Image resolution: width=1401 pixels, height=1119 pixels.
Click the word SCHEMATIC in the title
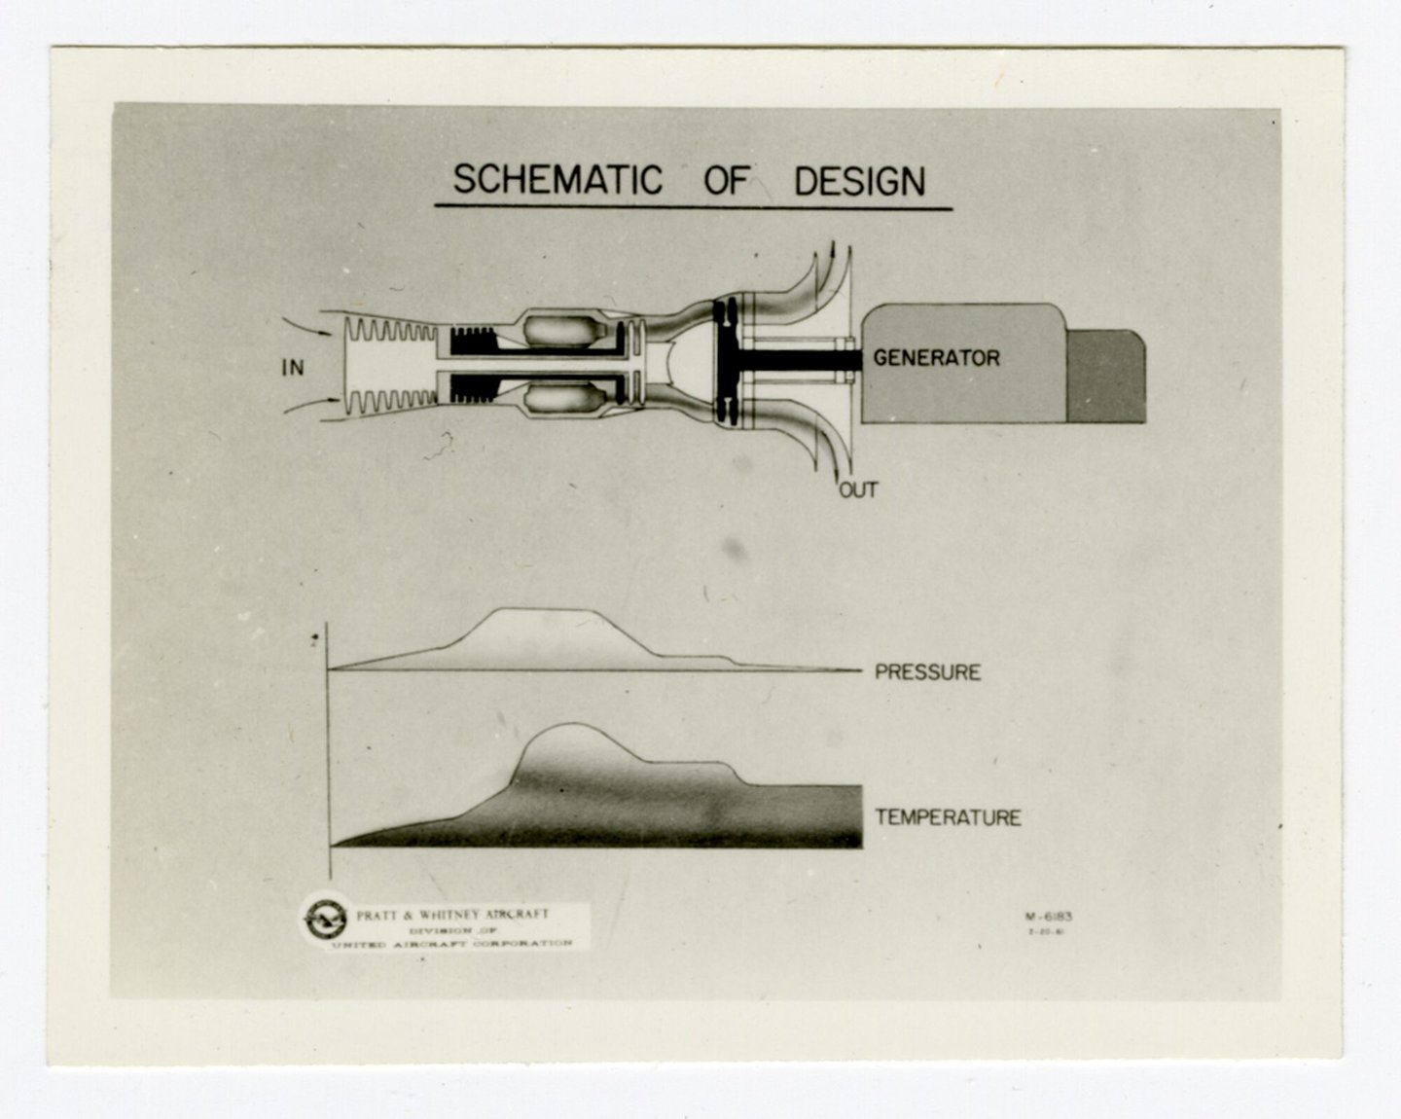[557, 181]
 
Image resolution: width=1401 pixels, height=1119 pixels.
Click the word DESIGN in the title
[859, 182]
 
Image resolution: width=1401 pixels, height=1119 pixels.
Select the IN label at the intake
[292, 368]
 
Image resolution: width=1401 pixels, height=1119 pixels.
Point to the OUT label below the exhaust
[858, 489]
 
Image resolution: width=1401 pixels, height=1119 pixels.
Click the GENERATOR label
[936, 358]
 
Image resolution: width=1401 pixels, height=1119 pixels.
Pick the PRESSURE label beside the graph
[927, 672]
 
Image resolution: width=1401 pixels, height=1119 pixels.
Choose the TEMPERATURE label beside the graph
[948, 817]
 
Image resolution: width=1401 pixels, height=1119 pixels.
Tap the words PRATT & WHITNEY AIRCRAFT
[451, 915]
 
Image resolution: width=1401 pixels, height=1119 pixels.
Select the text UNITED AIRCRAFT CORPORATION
[451, 944]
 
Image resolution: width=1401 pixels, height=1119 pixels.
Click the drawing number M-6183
[1048, 916]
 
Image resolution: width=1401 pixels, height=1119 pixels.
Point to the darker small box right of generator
[1106, 377]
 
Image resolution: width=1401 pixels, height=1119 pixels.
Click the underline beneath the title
[693, 207]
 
